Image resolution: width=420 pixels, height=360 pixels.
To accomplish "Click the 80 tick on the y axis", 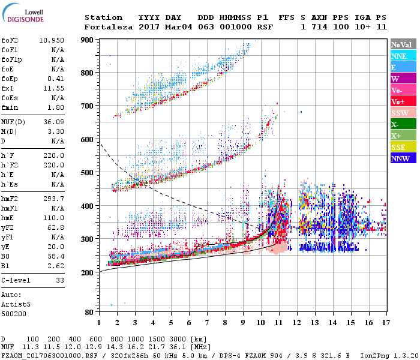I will tap(89, 312).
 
